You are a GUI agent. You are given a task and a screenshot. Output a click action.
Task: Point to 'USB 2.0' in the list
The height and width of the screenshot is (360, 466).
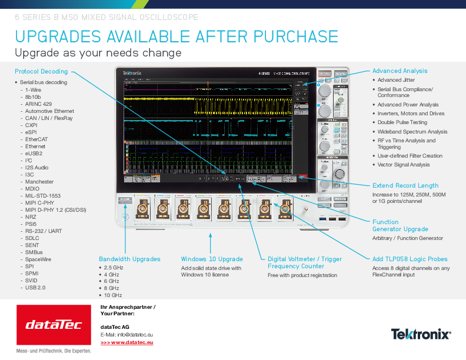pos(35,288)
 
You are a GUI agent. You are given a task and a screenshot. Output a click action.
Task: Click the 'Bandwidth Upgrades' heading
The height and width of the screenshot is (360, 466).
pos(129,259)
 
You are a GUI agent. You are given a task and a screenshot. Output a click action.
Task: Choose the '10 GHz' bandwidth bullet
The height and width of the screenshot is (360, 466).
pos(113,295)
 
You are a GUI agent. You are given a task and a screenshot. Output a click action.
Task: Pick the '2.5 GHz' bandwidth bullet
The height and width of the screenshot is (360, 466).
pos(113,268)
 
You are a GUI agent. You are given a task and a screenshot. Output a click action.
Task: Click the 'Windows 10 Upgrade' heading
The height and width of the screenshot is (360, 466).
pos(212,259)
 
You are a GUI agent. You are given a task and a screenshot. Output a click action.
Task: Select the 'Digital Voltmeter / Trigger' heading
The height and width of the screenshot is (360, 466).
pos(304,259)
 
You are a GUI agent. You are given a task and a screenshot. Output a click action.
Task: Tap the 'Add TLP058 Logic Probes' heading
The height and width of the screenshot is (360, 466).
pos(410,259)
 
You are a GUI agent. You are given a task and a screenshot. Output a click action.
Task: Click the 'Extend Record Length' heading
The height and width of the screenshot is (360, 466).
pos(405,185)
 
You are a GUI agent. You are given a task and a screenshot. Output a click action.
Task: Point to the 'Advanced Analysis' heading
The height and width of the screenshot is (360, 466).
pos(400,71)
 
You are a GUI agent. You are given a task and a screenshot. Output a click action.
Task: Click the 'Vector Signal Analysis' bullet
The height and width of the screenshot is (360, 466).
pos(404,165)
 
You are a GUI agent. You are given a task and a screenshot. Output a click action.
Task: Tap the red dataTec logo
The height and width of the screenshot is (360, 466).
pos(54,325)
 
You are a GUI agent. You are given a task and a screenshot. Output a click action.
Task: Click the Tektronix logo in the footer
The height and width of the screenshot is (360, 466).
pos(421,334)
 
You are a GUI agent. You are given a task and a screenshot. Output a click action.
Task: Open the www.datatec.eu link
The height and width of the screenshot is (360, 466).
pos(127,342)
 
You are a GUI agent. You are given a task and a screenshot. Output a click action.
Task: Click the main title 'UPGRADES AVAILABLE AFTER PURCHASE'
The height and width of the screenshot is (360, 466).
pos(177,36)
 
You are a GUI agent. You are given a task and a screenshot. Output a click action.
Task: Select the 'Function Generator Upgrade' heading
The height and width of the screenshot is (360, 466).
pos(400,226)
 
